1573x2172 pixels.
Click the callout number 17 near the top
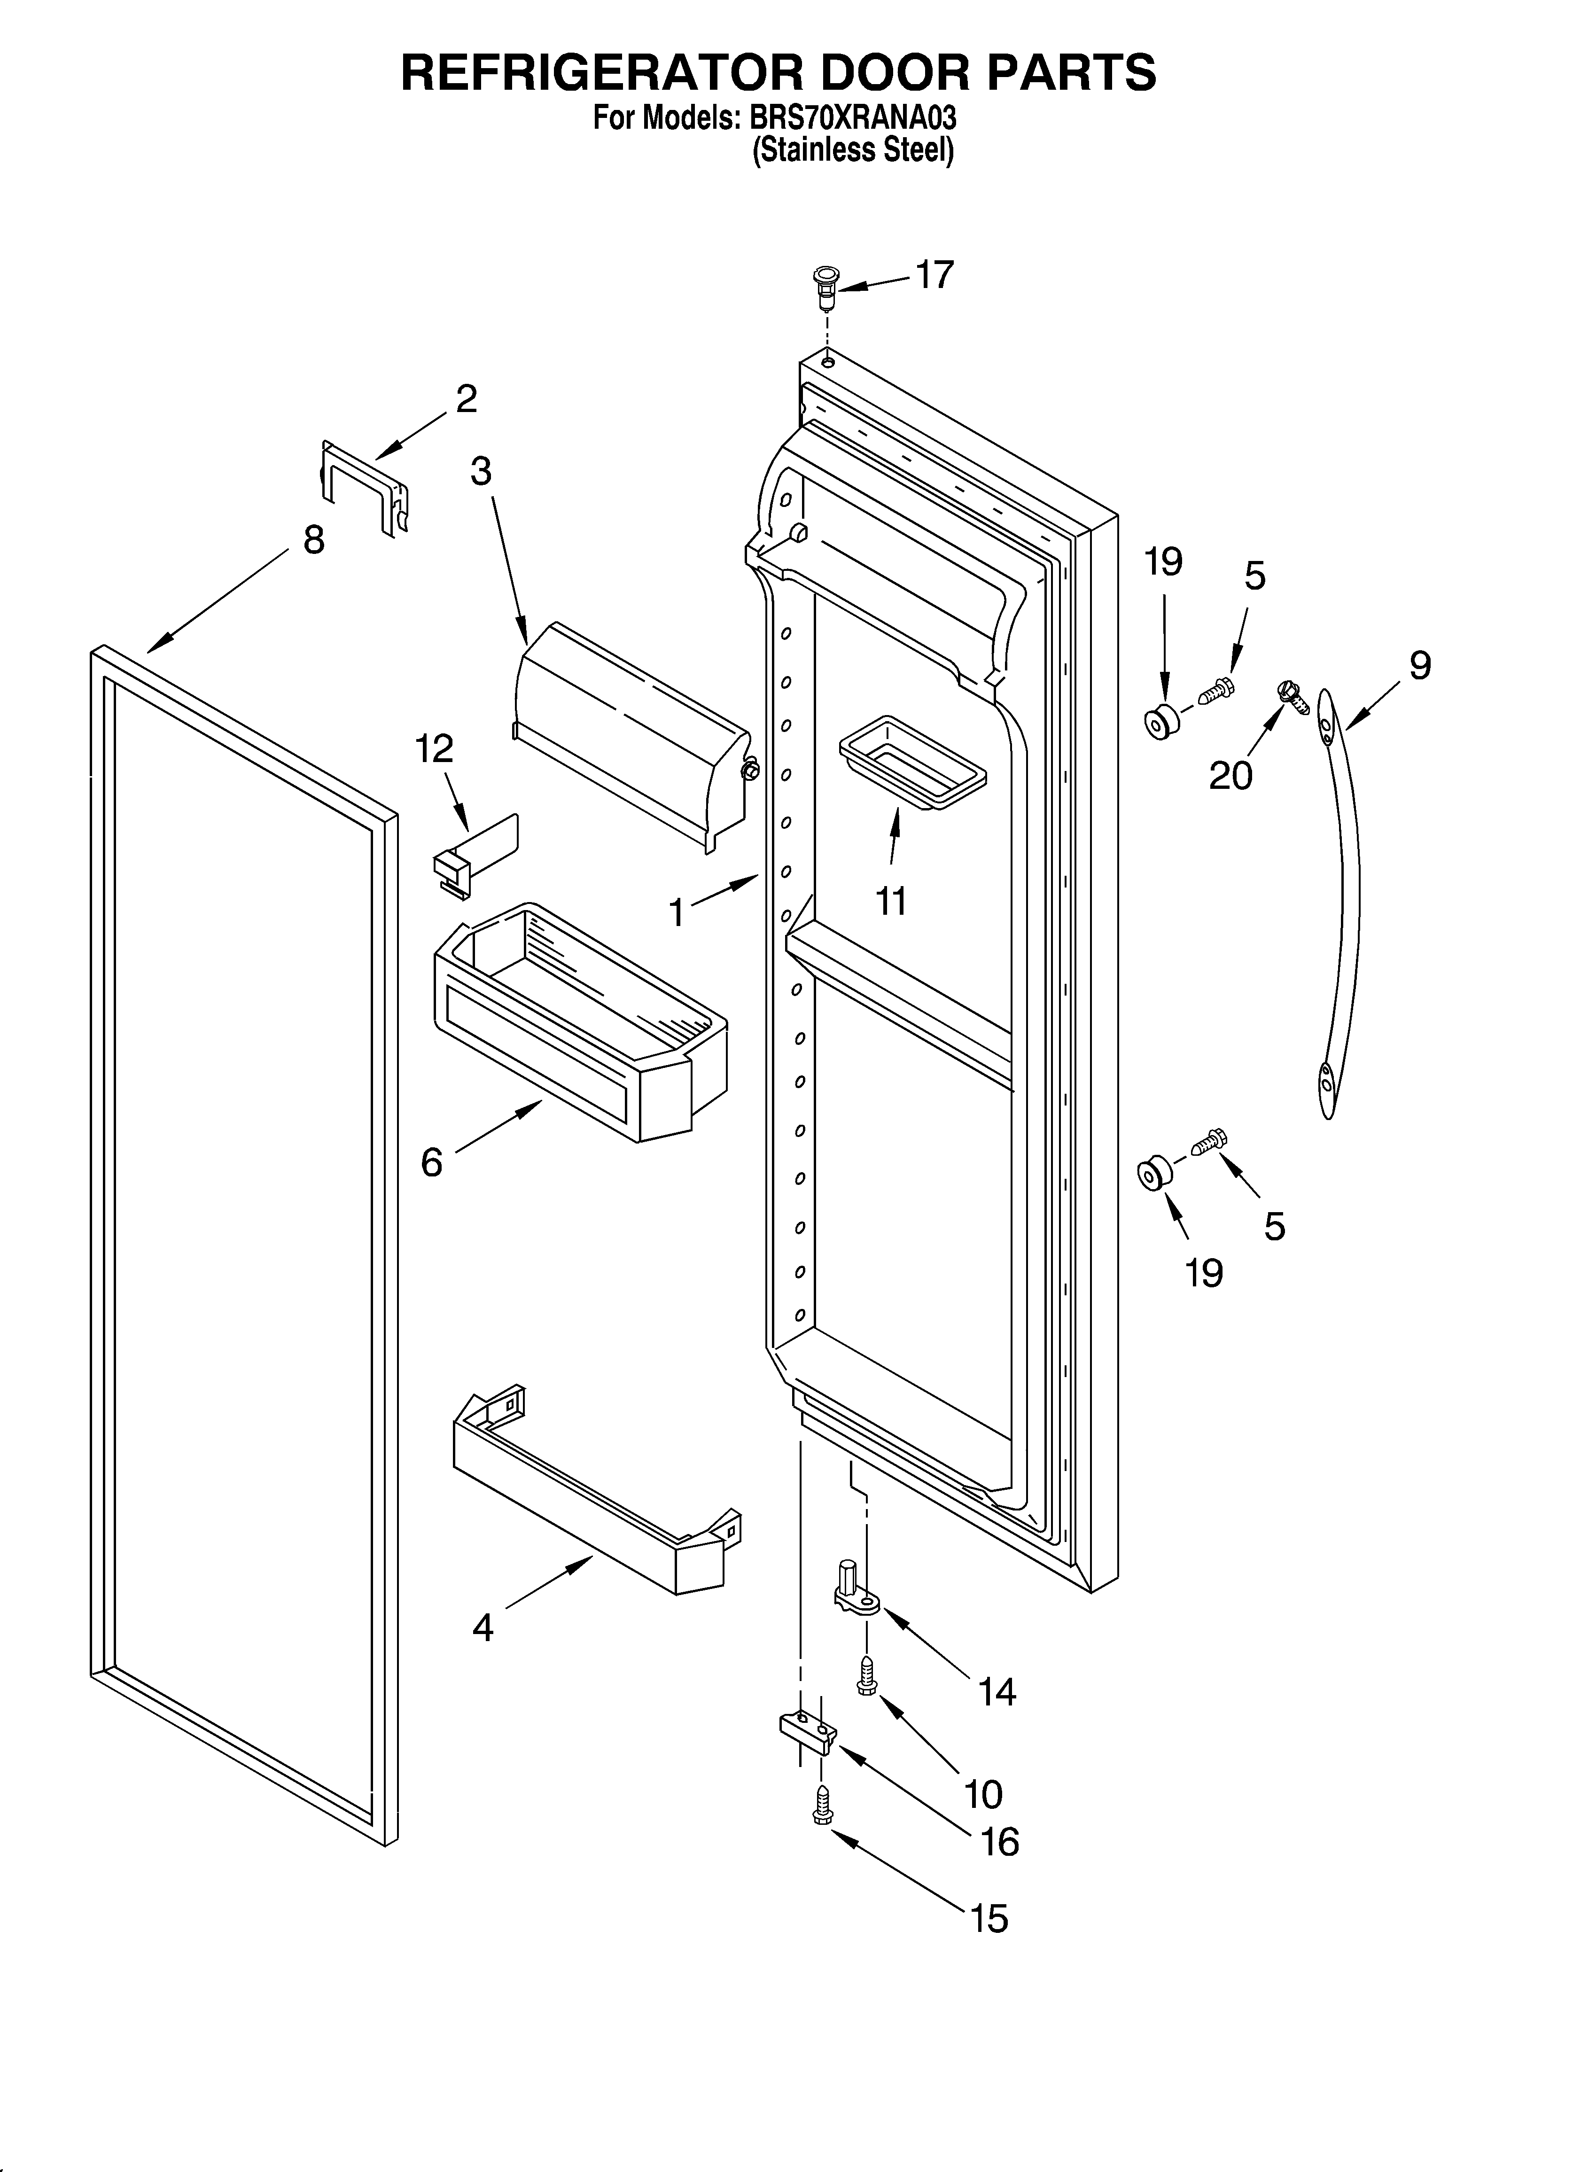click(x=934, y=276)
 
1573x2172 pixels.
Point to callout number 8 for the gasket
click(x=313, y=541)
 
